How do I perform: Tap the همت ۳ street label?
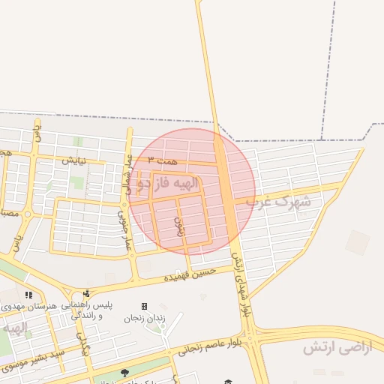(162, 160)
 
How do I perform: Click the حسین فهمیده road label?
(190, 274)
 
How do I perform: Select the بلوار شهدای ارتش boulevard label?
(241, 285)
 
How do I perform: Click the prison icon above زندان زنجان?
(144, 306)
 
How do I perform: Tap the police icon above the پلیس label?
(87, 293)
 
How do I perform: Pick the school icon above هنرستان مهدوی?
(28, 294)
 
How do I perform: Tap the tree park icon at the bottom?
(124, 373)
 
